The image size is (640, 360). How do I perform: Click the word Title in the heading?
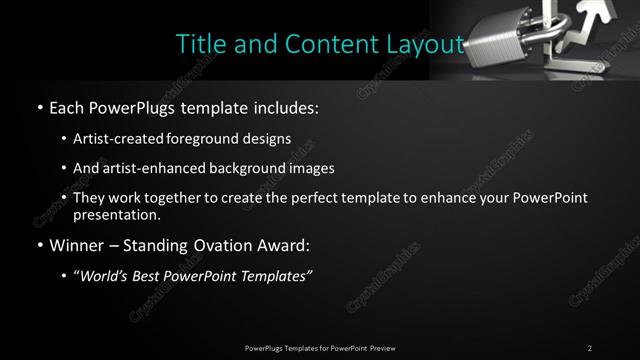[x=197, y=44]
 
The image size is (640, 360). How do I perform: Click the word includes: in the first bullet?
[x=283, y=106]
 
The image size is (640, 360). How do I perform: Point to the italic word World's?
[x=103, y=276]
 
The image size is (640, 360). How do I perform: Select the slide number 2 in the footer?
[x=589, y=348]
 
